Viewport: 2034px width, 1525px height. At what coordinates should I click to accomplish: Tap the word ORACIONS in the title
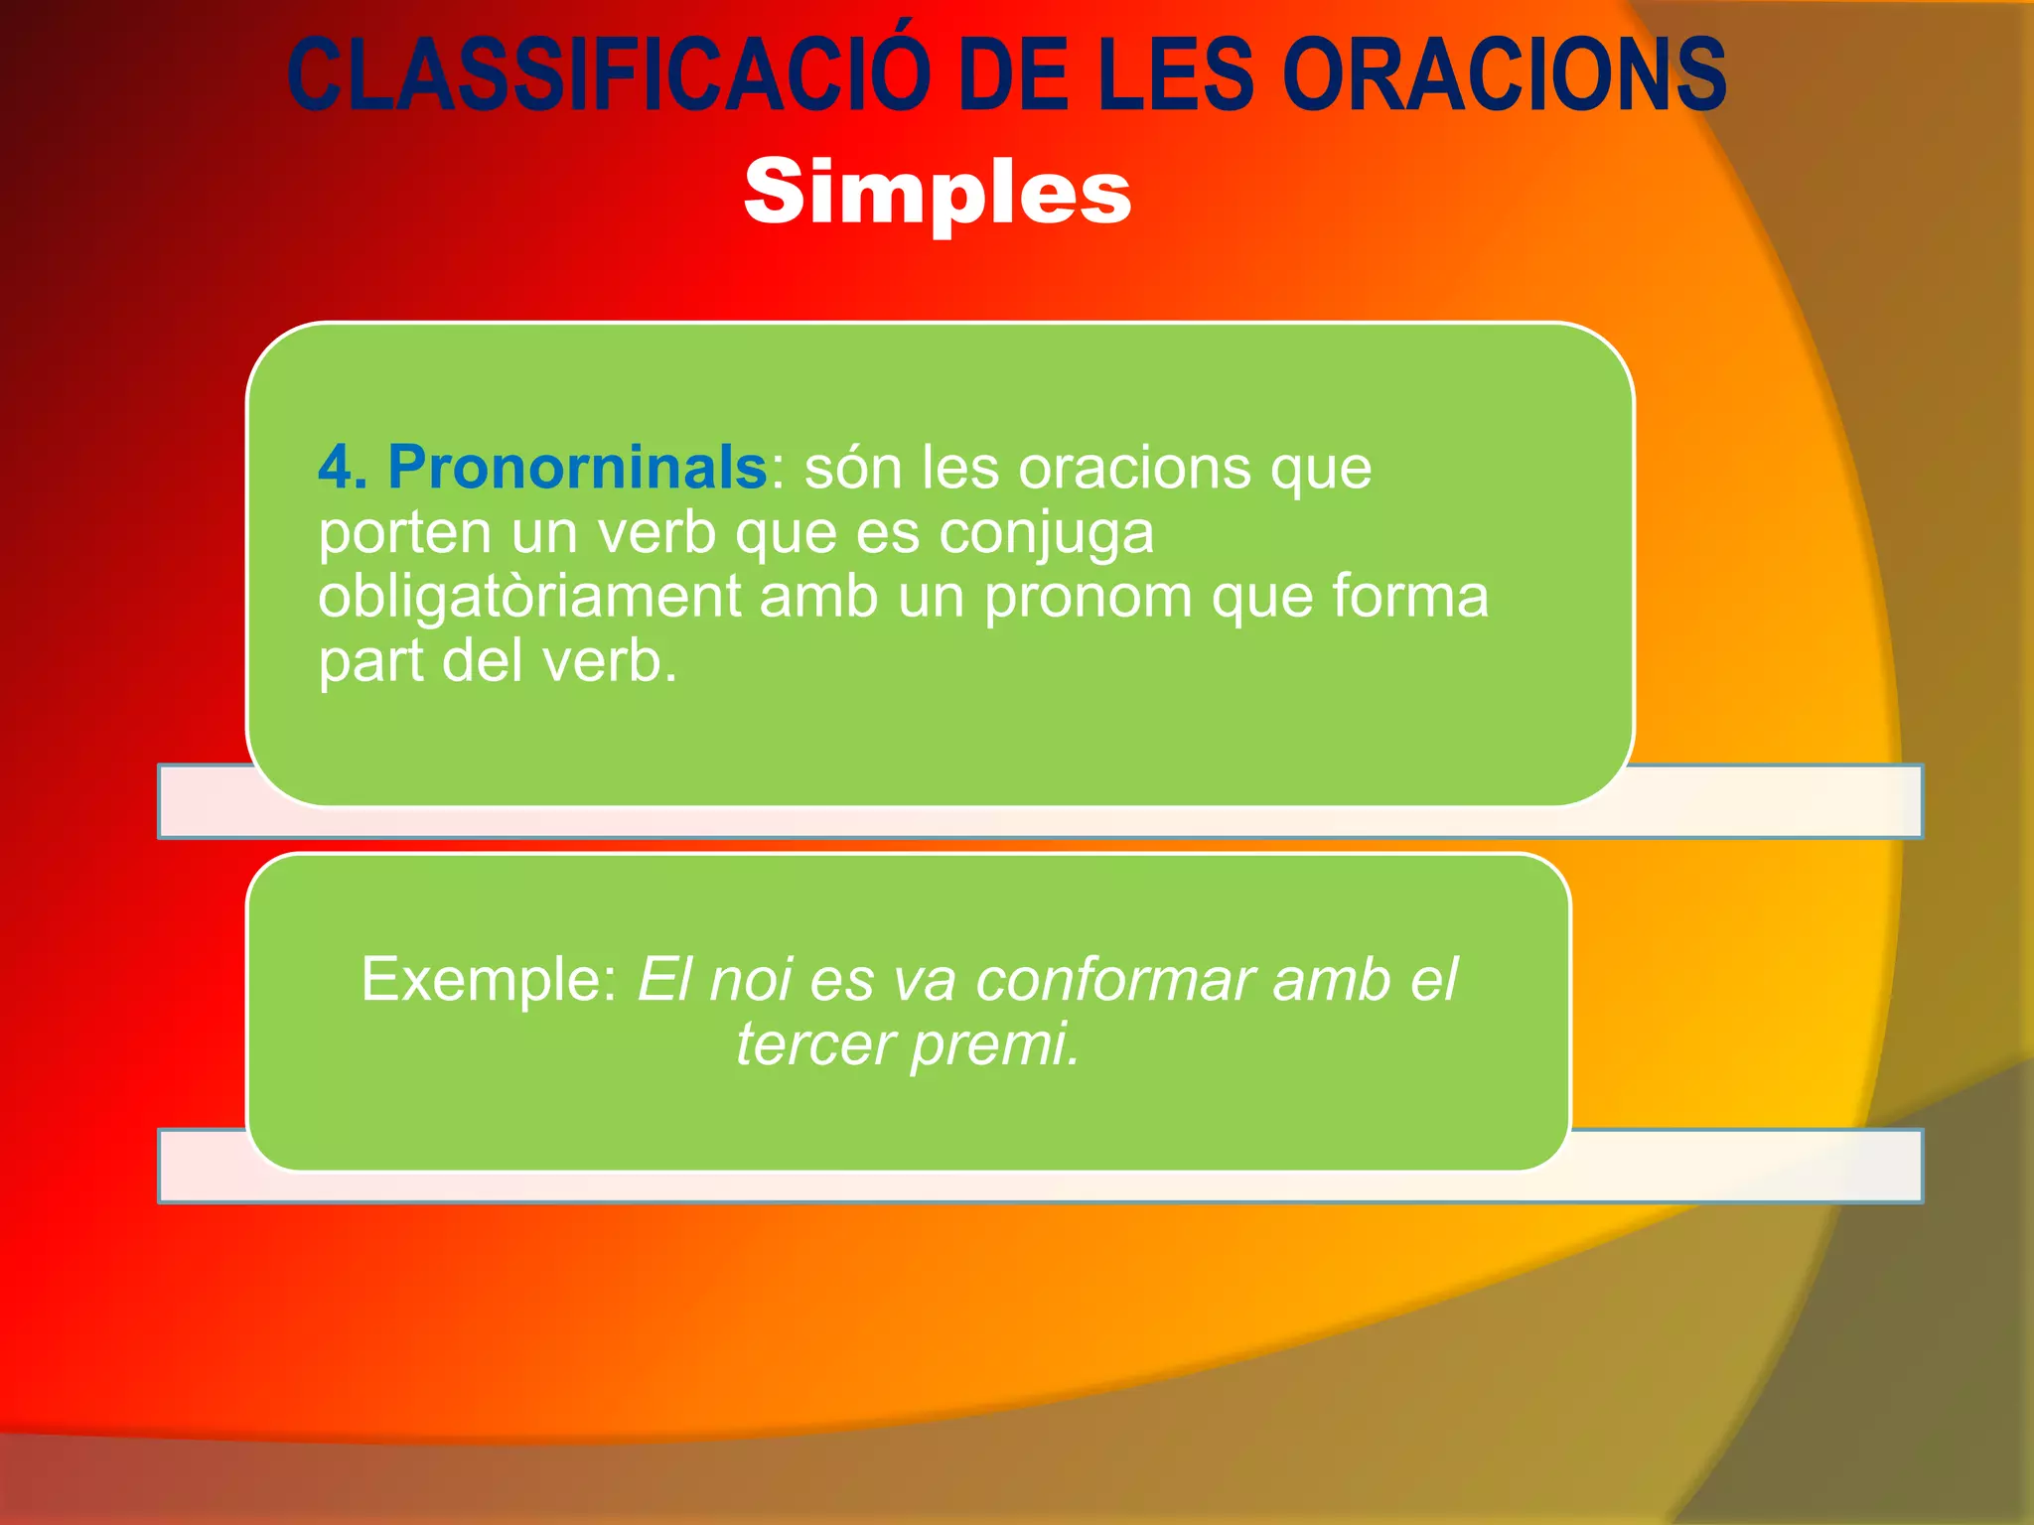[1504, 75]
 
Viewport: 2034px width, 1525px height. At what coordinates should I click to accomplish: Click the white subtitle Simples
[938, 193]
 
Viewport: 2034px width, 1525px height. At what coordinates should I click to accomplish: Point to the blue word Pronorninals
[577, 467]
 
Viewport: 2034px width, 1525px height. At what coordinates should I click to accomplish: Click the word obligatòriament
[529, 598]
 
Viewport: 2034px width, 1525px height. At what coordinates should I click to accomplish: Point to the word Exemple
[488, 981]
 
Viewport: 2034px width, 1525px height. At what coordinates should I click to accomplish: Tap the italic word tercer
[813, 1044]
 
